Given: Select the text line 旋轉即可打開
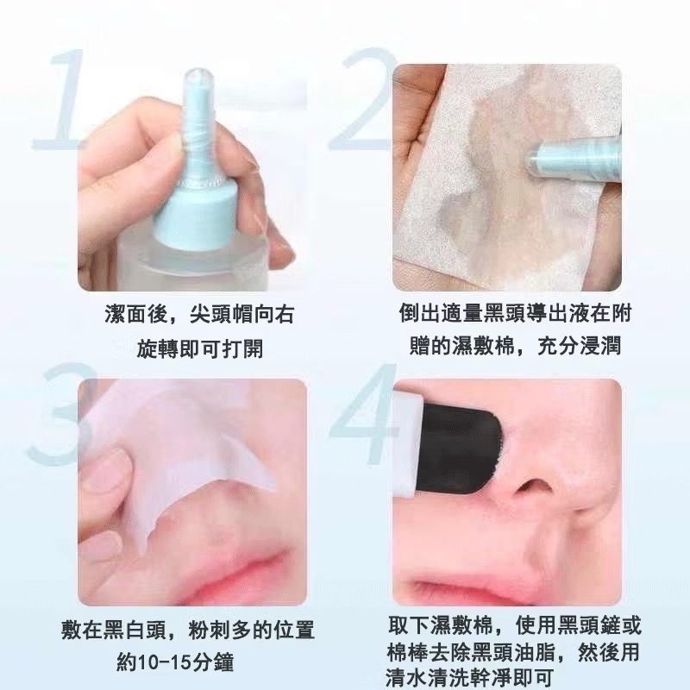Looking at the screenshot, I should coord(200,349).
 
